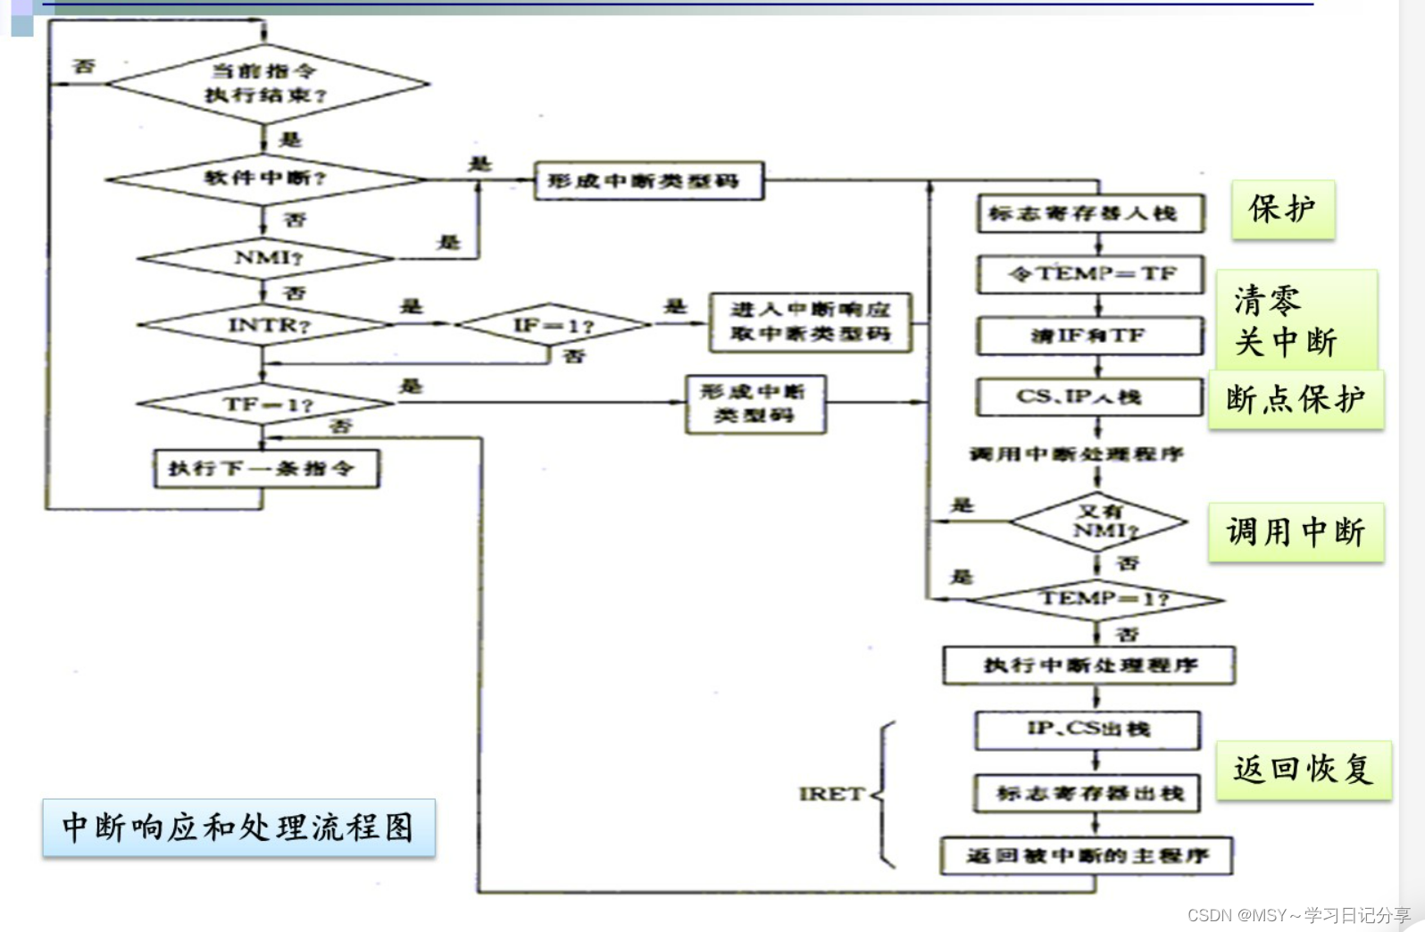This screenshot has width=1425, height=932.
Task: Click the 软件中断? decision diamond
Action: pyautogui.click(x=265, y=179)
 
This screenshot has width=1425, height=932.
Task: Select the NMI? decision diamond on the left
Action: pyautogui.click(x=266, y=258)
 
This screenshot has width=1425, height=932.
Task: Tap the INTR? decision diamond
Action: pyautogui.click(x=266, y=325)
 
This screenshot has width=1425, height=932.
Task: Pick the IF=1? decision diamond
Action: pyautogui.click(x=553, y=326)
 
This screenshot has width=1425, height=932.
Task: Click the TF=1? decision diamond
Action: pyautogui.click(x=266, y=404)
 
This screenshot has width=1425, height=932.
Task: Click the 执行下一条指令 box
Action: pyautogui.click(x=266, y=469)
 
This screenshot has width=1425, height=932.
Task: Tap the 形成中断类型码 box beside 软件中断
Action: pyautogui.click(x=648, y=181)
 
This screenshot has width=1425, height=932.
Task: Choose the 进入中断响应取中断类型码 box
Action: pyautogui.click(x=810, y=322)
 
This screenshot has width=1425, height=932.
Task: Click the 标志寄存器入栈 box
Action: pyautogui.click(x=1090, y=213)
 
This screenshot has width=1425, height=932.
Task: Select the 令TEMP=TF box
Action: pyautogui.click(x=1090, y=274)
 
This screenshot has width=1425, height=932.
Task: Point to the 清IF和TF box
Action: pyautogui.click(x=1090, y=336)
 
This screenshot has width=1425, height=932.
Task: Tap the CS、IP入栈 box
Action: pyautogui.click(x=1090, y=397)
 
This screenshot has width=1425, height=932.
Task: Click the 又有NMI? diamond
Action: pyautogui.click(x=1097, y=521)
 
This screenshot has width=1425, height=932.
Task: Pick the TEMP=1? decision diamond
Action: pyautogui.click(x=1097, y=599)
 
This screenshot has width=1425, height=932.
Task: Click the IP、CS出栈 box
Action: pyautogui.click(x=1087, y=729)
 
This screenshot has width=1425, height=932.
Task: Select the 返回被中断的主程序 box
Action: pyautogui.click(x=1087, y=856)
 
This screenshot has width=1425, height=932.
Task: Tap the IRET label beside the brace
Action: pyautogui.click(x=830, y=794)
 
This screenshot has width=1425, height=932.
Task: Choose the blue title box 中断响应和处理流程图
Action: pyautogui.click(x=238, y=828)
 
